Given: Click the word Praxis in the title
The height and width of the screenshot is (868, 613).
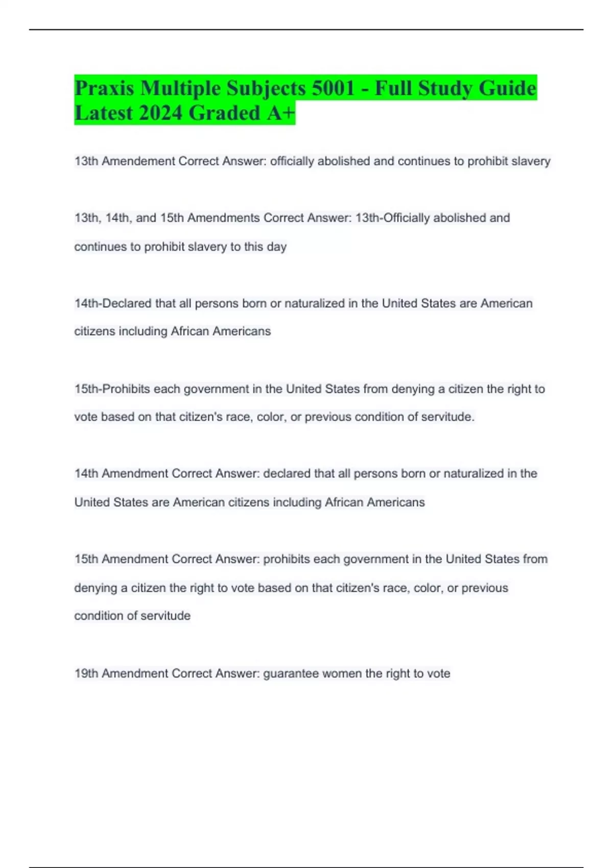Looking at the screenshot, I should (x=104, y=88).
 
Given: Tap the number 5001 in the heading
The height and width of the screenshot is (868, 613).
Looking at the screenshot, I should (x=333, y=88).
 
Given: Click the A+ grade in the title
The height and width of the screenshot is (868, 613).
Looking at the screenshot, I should (x=280, y=113).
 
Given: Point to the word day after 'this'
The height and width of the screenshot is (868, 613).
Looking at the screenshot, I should (x=276, y=247).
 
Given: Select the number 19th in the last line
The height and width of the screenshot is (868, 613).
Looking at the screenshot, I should (x=86, y=673).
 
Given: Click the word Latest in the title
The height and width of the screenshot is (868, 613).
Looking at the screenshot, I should (x=104, y=113).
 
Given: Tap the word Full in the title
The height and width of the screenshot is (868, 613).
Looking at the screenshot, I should (x=393, y=88).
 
